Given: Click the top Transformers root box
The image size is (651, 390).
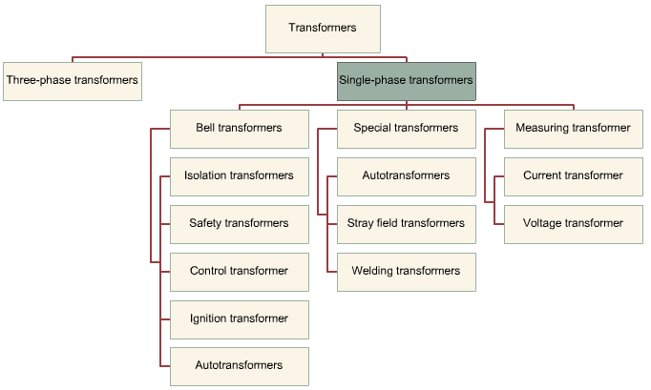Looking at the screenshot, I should pyautogui.click(x=323, y=29).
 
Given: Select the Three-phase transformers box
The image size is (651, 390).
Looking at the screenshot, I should pyautogui.click(x=73, y=81).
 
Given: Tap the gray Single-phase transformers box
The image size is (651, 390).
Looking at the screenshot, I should pyautogui.click(x=406, y=81).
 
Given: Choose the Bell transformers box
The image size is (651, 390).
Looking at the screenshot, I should pyautogui.click(x=239, y=129).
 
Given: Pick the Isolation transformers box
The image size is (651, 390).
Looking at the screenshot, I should pyautogui.click(x=239, y=176).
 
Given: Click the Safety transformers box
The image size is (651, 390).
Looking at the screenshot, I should pyautogui.click(x=239, y=224).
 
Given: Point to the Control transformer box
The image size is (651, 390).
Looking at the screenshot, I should pyautogui.click(x=239, y=272).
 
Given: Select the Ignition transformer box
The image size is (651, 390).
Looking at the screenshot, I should pyautogui.click(x=239, y=319).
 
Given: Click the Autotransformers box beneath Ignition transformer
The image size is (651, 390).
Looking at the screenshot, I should pyautogui.click(x=239, y=366).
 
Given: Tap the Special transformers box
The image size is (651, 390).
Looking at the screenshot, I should pyautogui.click(x=406, y=129).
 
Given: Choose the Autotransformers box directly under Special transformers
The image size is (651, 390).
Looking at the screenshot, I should pyautogui.click(x=406, y=176).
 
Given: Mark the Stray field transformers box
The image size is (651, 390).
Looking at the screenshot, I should pyautogui.click(x=406, y=224).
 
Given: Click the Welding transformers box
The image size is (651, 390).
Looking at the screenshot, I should pyautogui.click(x=406, y=272).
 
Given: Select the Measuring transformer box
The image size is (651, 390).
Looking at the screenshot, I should pyautogui.click(x=573, y=129).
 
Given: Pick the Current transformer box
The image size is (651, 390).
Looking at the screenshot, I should pyautogui.click(x=573, y=176).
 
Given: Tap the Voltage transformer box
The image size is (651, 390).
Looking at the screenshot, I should pyautogui.click(x=573, y=224).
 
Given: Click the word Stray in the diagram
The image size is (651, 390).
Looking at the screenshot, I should pyautogui.click(x=362, y=224).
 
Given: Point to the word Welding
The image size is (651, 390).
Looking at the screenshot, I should pyautogui.click(x=372, y=272).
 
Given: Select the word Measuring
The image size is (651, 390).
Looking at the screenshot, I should pyautogui.click(x=542, y=129).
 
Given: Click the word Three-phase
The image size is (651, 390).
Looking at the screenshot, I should pyautogui.click(x=35, y=81).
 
